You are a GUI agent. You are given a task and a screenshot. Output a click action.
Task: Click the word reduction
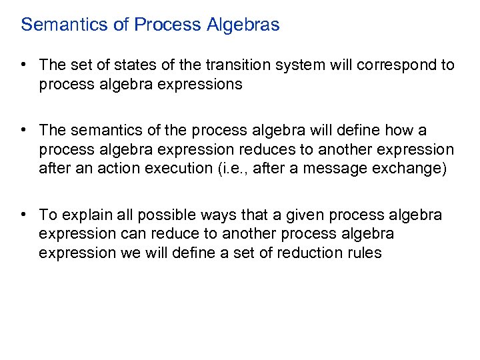pyautogui.click(x=307, y=253)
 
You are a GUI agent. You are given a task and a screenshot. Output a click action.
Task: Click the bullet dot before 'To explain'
pyautogui.click(x=23, y=215)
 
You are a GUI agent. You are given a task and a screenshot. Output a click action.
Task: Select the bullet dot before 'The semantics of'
pyautogui.click(x=23, y=129)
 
